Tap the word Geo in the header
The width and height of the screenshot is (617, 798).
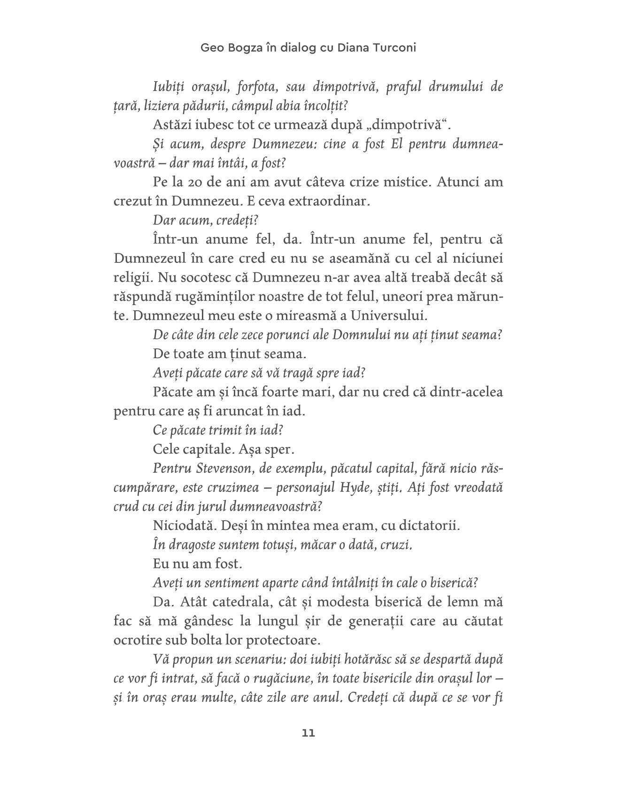(210, 48)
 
